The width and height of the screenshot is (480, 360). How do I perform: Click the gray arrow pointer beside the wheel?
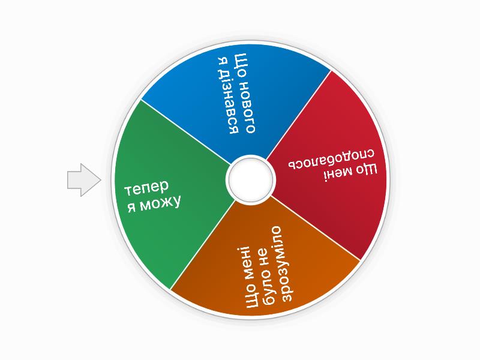click(83, 180)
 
